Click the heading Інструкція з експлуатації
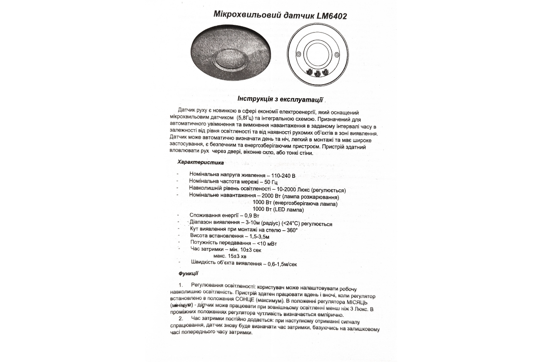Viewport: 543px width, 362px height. tap(281, 99)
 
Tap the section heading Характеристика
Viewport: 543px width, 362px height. tap(197, 162)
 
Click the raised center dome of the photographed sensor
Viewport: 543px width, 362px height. tap(231, 58)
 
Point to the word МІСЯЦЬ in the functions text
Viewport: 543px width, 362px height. tap(360, 301)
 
